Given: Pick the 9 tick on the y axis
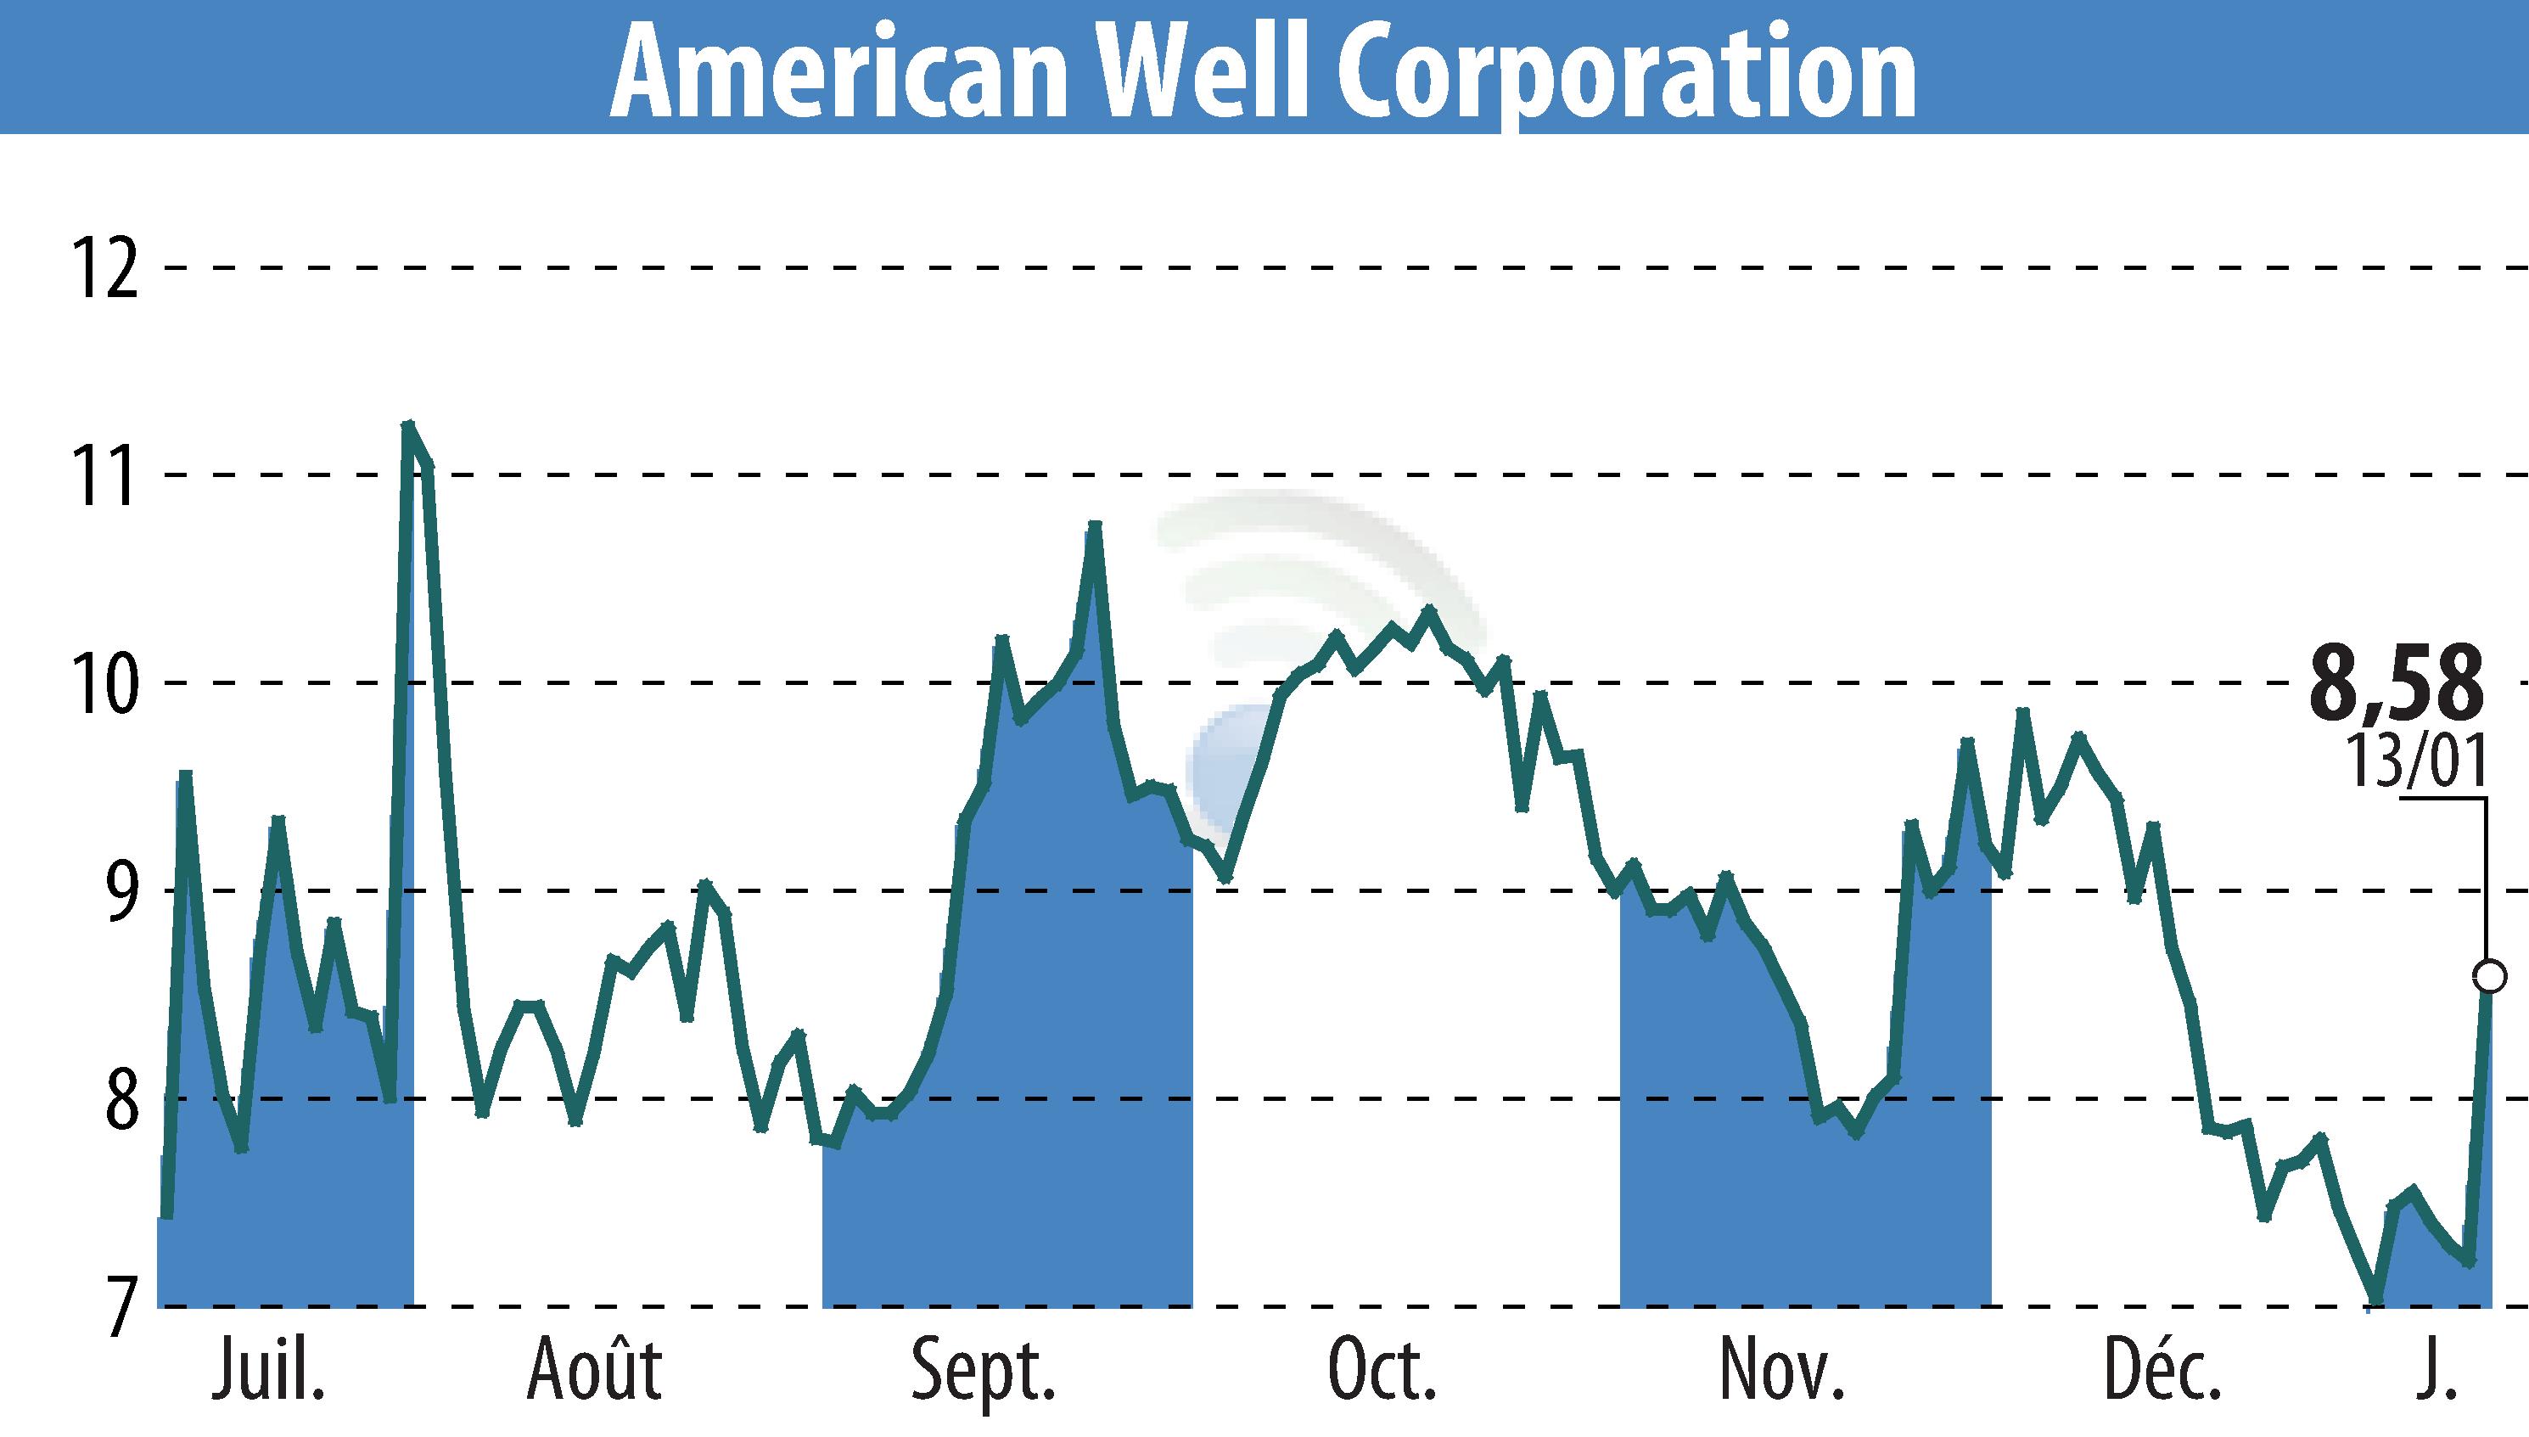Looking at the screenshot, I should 119,890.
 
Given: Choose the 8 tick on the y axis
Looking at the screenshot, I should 119,1098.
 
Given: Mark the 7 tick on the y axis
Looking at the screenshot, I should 119,1307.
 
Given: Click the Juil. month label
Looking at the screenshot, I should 268,1370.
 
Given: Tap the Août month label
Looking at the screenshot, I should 594,1370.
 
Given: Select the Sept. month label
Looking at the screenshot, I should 983,1370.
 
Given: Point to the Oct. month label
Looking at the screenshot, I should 1382,1370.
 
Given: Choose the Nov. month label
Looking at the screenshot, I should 1781,1370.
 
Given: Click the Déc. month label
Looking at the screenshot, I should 2163,1370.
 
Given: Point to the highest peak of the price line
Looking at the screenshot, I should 407,424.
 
